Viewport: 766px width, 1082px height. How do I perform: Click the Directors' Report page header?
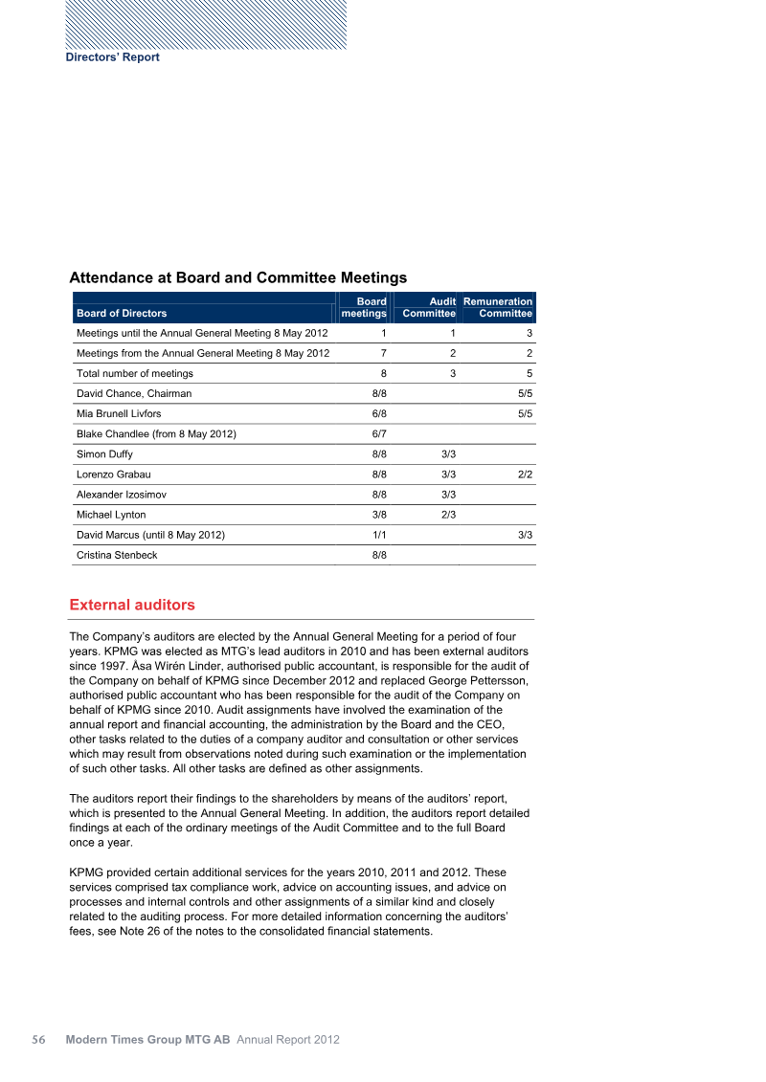pyautogui.click(x=112, y=57)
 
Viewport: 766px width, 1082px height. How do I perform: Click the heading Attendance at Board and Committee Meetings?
pyautogui.click(x=238, y=277)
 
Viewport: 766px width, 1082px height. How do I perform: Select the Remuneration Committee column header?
pyautogui.click(x=498, y=307)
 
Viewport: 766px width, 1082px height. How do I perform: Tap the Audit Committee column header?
pyautogui.click(x=428, y=307)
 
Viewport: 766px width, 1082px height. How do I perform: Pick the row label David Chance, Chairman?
pyautogui.click(x=134, y=393)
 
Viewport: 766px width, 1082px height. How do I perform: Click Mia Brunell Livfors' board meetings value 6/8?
pyautogui.click(x=379, y=413)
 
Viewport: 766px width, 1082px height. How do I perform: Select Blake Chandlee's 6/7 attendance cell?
pyautogui.click(x=379, y=433)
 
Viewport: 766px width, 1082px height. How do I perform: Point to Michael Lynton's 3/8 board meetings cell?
pyautogui.click(x=379, y=515)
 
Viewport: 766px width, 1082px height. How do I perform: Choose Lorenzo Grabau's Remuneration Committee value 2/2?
pyautogui.click(x=525, y=474)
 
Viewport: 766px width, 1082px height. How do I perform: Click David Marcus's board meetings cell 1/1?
pyautogui.click(x=379, y=535)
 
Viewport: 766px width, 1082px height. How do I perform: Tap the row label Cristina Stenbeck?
pyautogui.click(x=117, y=555)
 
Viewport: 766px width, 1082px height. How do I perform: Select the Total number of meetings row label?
pyautogui.click(x=135, y=373)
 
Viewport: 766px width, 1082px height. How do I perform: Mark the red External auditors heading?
pyautogui.click(x=132, y=606)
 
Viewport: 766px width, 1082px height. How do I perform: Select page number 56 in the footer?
pyautogui.click(x=40, y=1040)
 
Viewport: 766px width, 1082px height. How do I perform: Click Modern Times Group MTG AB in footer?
pyautogui.click(x=148, y=1040)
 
